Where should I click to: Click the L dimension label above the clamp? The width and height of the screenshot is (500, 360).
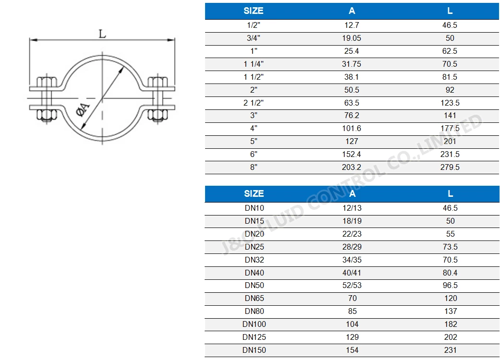pyautogui.click(x=102, y=34)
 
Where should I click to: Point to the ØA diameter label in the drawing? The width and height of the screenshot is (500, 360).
pyautogui.click(x=82, y=110)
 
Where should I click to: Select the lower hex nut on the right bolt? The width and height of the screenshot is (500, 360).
pyautogui.click(x=157, y=115)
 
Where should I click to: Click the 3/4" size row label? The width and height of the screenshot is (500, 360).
pyautogui.click(x=254, y=38)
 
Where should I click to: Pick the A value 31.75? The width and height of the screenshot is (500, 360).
pyautogui.click(x=352, y=64)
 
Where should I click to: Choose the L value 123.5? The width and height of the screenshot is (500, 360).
pyautogui.click(x=450, y=103)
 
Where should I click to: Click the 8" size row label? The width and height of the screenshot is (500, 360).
pyautogui.click(x=254, y=168)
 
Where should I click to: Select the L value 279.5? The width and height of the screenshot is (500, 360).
pyautogui.click(x=450, y=168)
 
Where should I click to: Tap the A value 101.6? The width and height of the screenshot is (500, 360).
pyautogui.click(x=352, y=129)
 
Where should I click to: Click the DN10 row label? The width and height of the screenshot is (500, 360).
pyautogui.click(x=254, y=208)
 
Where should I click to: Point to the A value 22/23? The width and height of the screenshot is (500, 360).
pyautogui.click(x=352, y=234)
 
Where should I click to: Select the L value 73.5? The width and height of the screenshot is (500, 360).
pyautogui.click(x=450, y=247)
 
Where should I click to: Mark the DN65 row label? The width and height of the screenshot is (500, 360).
pyautogui.click(x=254, y=299)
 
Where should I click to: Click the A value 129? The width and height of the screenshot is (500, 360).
pyautogui.click(x=352, y=337)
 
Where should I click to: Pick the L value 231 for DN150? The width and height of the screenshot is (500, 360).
pyautogui.click(x=450, y=350)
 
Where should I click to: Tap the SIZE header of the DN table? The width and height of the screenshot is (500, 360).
pyautogui.click(x=254, y=193)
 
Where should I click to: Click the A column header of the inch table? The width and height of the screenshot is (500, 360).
pyautogui.click(x=352, y=11)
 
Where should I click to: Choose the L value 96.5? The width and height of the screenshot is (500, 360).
pyautogui.click(x=450, y=286)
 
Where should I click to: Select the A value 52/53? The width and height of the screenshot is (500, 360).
pyautogui.click(x=352, y=286)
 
